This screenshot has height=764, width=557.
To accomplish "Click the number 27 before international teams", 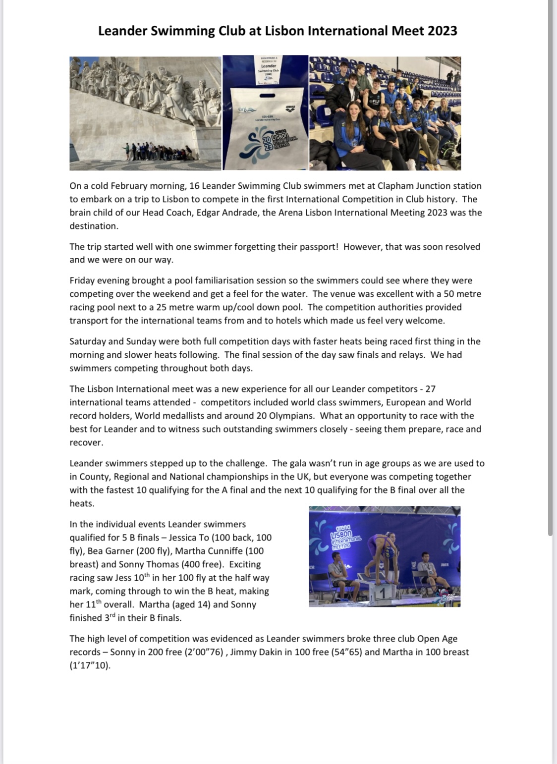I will (x=430, y=389).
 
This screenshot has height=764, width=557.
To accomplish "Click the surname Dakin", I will (x=270, y=652).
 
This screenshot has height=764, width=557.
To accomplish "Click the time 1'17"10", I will (x=89, y=665).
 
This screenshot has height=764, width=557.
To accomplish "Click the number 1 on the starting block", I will (x=382, y=593).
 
